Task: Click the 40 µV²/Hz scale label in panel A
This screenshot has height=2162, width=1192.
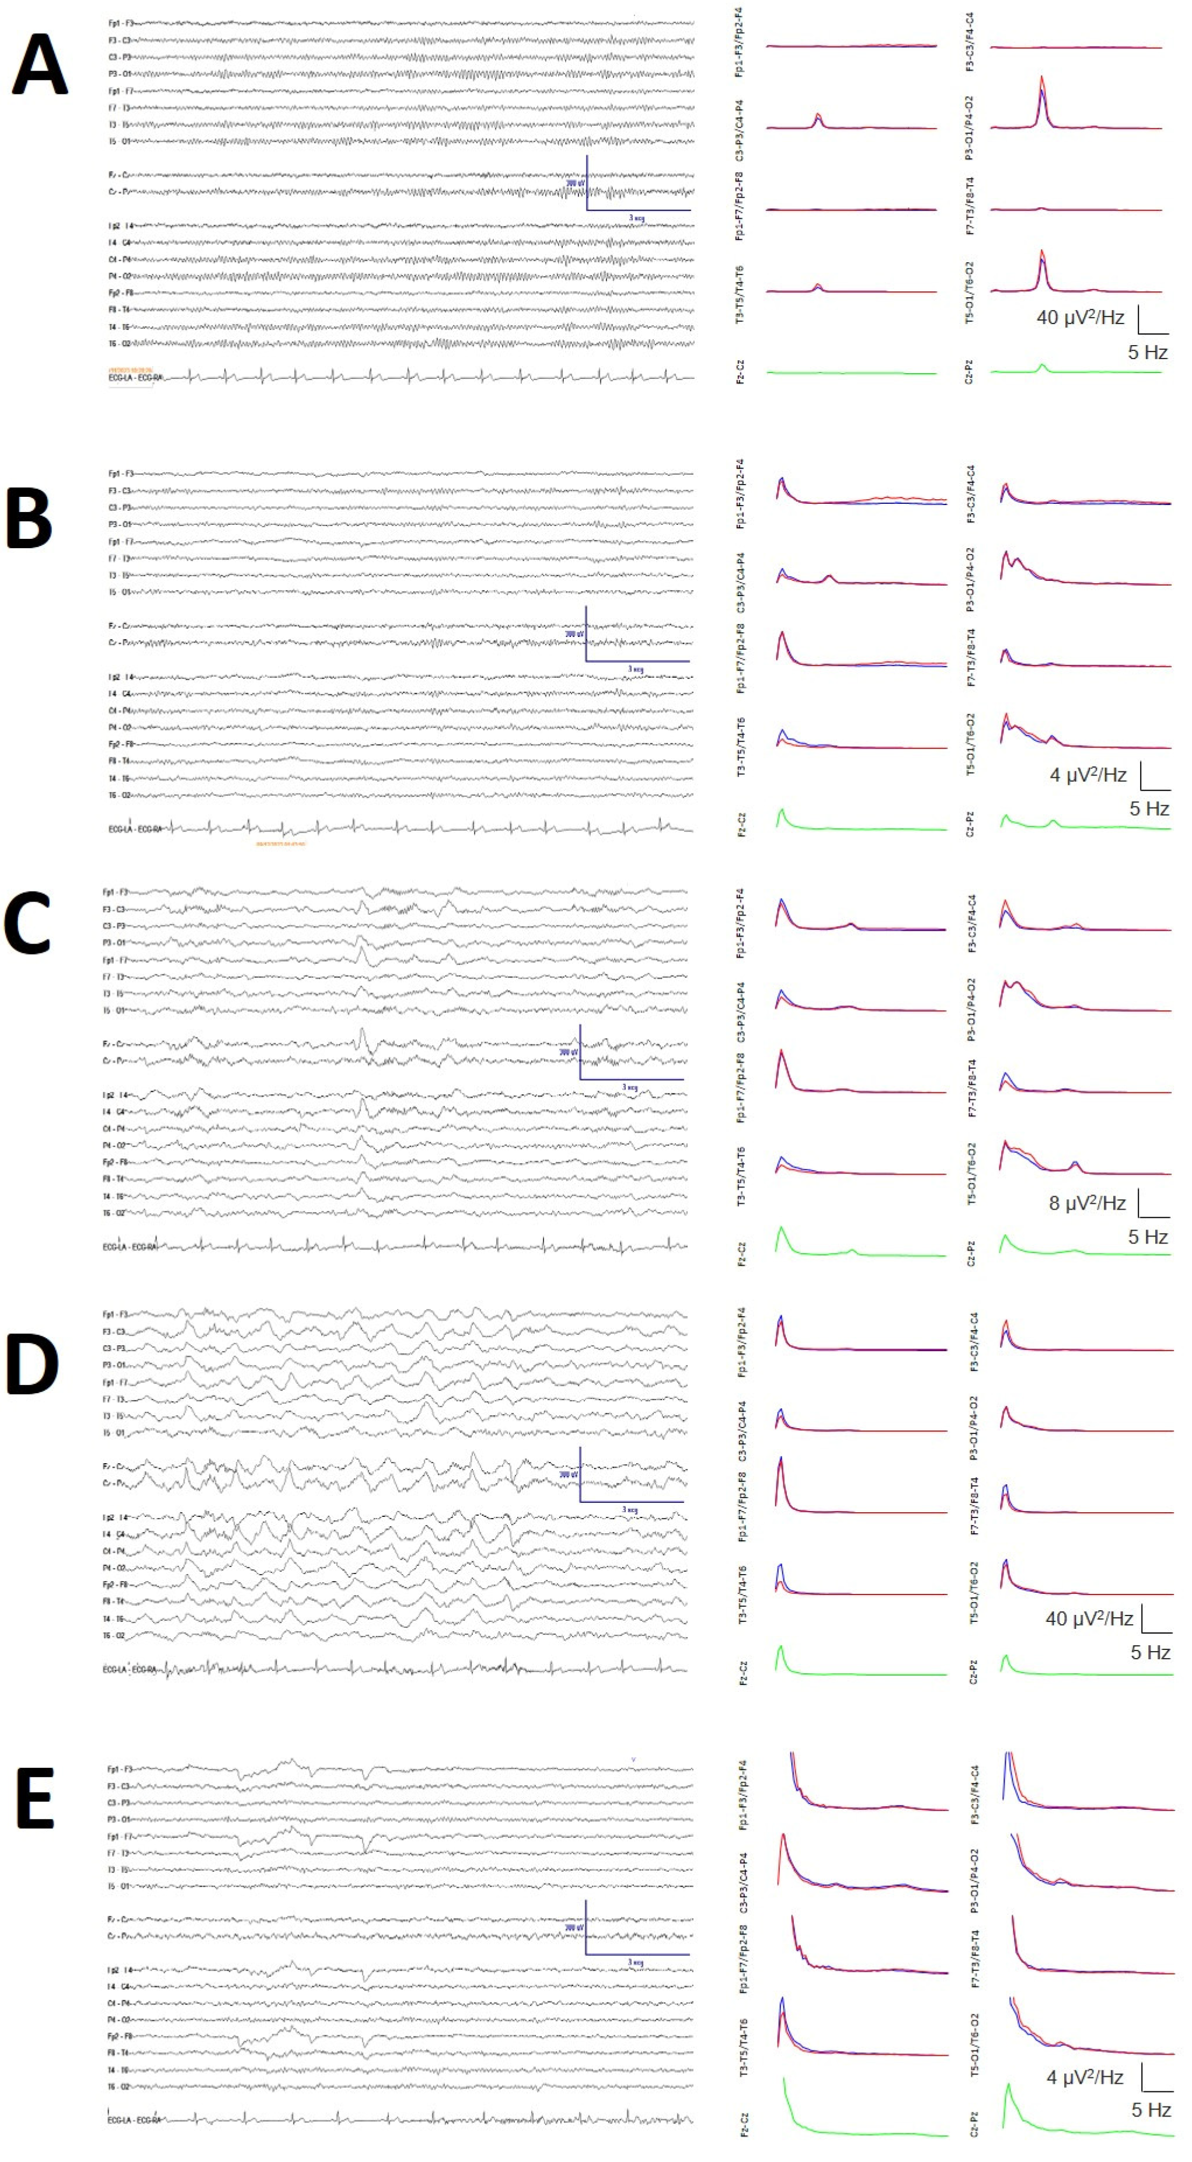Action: (1081, 317)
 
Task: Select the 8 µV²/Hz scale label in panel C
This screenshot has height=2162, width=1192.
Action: (1087, 1203)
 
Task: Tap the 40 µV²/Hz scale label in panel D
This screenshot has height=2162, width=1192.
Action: (1089, 1619)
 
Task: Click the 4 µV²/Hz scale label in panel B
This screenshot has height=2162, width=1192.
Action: (1088, 775)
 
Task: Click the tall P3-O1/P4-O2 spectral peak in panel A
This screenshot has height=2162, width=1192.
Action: (1042, 80)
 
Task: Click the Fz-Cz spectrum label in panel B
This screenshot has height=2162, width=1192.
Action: (741, 825)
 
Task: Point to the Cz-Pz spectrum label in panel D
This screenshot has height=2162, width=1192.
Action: (973, 1671)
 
